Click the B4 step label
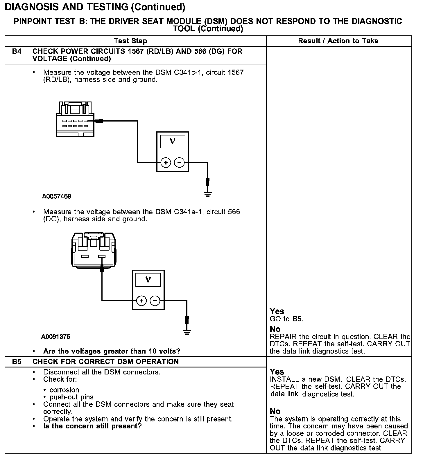[17, 52]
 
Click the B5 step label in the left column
[17, 362]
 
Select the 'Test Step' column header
[130, 41]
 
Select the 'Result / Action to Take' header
[338, 41]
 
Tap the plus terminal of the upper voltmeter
[166, 163]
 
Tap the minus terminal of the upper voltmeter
[179, 163]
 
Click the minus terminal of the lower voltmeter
[155, 301]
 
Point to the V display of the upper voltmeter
[173, 142]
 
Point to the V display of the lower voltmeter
[148, 280]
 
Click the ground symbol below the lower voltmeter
[187, 332]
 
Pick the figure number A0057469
[57, 196]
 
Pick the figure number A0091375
[56, 337]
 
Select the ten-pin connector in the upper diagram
[75, 119]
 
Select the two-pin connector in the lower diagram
[93, 249]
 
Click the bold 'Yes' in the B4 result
[277, 312]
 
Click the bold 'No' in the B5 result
[275, 411]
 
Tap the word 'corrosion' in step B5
[64, 390]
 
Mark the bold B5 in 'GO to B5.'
[297, 319]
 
